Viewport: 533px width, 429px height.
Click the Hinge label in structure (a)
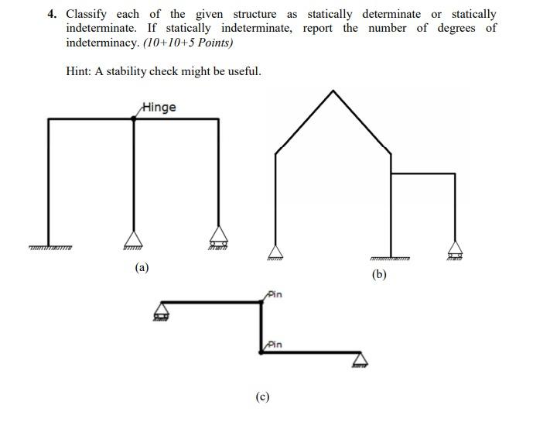pyautogui.click(x=159, y=108)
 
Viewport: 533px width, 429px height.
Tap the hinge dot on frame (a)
pyautogui.click(x=135, y=118)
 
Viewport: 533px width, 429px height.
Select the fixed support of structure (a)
pyautogui.click(x=50, y=247)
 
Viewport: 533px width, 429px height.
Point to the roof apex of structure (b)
pyautogui.click(x=333, y=91)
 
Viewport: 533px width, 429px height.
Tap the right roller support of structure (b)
pyautogui.click(x=456, y=250)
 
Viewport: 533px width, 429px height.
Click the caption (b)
pyautogui.click(x=378, y=275)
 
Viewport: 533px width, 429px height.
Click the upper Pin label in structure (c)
pyautogui.click(x=275, y=295)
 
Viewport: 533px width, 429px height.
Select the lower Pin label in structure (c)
pyautogui.click(x=275, y=345)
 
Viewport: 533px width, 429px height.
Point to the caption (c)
pyautogui.click(x=262, y=397)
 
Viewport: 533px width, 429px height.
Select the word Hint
pyautogui.click(x=80, y=71)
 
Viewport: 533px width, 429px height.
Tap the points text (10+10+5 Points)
pyautogui.click(x=188, y=43)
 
